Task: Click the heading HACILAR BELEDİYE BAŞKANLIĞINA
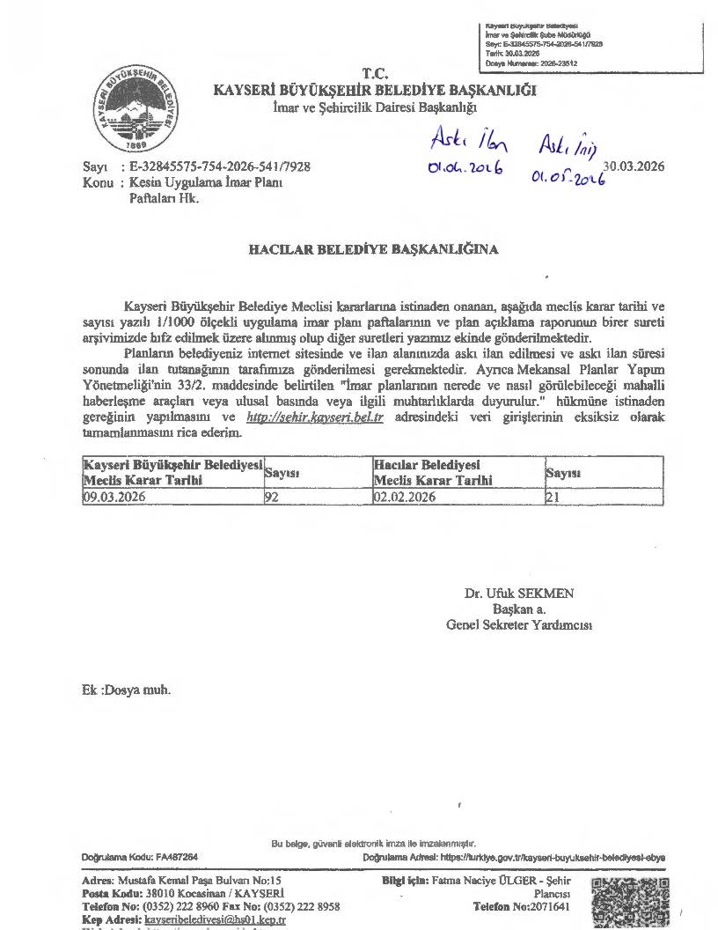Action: pyautogui.click(x=374, y=249)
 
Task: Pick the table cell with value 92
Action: pyautogui.click(x=317, y=497)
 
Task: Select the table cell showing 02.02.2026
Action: pyautogui.click(x=457, y=497)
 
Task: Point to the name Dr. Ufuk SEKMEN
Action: pyautogui.click(x=519, y=594)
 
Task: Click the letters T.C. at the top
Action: pyautogui.click(x=375, y=73)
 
